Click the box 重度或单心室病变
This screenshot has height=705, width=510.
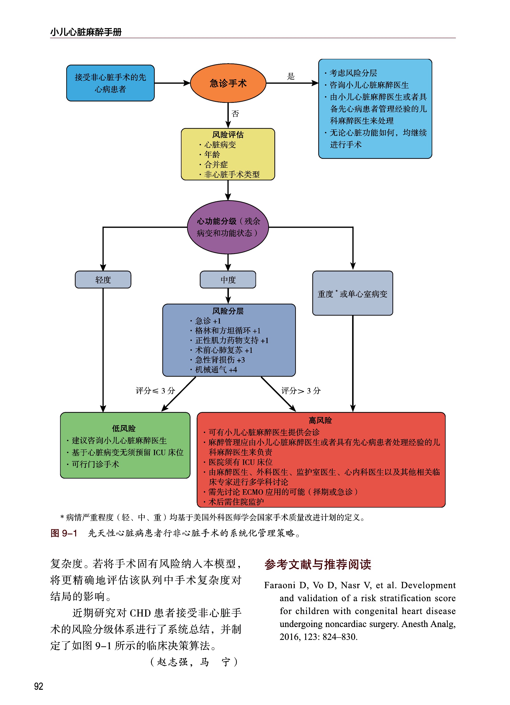click(352, 293)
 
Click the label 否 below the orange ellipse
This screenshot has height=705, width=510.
click(235, 114)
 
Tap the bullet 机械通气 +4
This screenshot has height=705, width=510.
click(216, 370)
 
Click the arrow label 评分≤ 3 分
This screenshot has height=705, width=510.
click(155, 391)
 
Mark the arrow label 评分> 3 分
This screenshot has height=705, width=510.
click(300, 391)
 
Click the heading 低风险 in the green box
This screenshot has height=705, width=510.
click(124, 429)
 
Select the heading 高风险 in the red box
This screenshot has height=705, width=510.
click(320, 421)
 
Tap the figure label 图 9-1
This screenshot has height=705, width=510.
click(64, 533)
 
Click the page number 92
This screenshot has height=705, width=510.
click(39, 686)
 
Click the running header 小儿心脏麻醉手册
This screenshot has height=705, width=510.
click(86, 32)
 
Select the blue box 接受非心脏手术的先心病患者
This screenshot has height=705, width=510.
click(110, 83)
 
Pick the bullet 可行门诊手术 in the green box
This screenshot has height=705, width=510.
click(95, 464)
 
